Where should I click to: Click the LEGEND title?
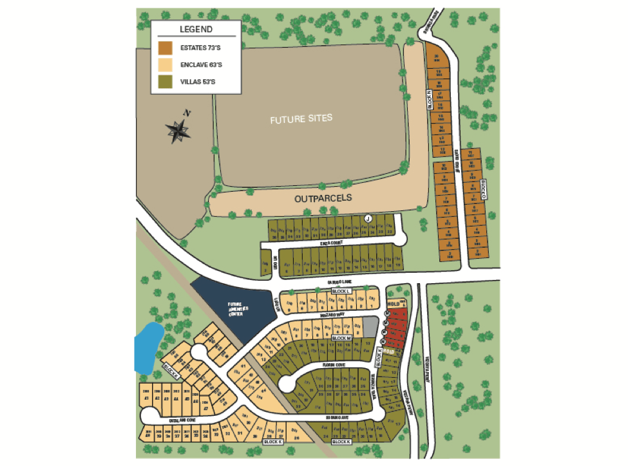[196, 30]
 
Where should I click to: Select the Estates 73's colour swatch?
[166, 48]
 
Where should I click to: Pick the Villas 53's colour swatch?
[166, 82]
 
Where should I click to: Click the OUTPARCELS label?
[323, 198]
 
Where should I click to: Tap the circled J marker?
[368, 218]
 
